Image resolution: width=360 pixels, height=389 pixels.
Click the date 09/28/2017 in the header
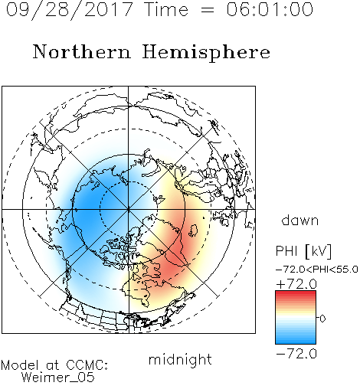tap(69, 10)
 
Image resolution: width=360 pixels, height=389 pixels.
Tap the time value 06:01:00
tap(270, 10)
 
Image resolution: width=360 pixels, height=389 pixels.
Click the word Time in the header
tap(166, 10)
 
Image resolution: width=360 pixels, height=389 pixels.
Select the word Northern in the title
tap(82, 51)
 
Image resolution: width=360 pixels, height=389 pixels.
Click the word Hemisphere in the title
tap(206, 53)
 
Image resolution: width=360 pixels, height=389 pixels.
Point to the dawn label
tap(300, 220)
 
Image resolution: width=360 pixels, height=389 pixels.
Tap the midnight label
tap(180, 359)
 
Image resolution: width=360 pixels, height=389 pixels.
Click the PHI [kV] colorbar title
tap(303, 251)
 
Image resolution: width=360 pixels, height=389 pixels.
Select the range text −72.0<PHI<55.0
tap(317, 269)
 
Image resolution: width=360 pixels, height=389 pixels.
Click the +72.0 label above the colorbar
tap(296, 284)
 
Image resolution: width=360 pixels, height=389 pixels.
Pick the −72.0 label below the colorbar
tap(296, 354)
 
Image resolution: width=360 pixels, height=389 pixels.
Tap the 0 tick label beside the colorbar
tap(322, 319)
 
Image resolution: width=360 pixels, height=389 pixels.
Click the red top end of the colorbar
tap(296, 293)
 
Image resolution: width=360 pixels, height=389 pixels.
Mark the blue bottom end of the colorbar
tap(296, 342)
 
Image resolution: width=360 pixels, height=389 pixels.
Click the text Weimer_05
tap(58, 378)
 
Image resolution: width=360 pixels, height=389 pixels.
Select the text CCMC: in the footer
tap(87, 365)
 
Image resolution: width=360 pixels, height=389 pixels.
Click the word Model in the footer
tap(20, 365)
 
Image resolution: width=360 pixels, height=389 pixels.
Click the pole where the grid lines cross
tap(129, 209)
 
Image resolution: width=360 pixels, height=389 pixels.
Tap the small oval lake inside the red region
tap(194, 230)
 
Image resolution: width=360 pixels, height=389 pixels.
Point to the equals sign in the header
tap(208, 10)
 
